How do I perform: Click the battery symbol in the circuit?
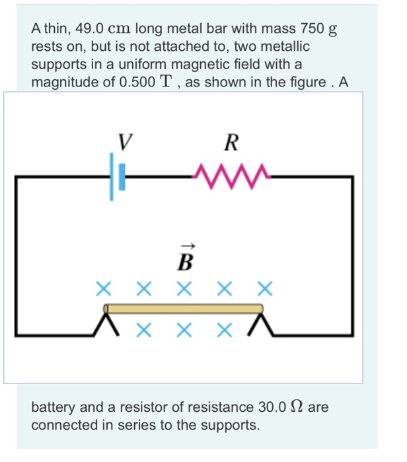(x=116, y=177)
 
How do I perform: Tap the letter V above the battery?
(x=124, y=141)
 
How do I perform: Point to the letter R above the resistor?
(x=231, y=141)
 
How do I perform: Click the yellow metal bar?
(x=184, y=308)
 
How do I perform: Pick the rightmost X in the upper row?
(x=264, y=288)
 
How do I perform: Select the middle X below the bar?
(x=184, y=329)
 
